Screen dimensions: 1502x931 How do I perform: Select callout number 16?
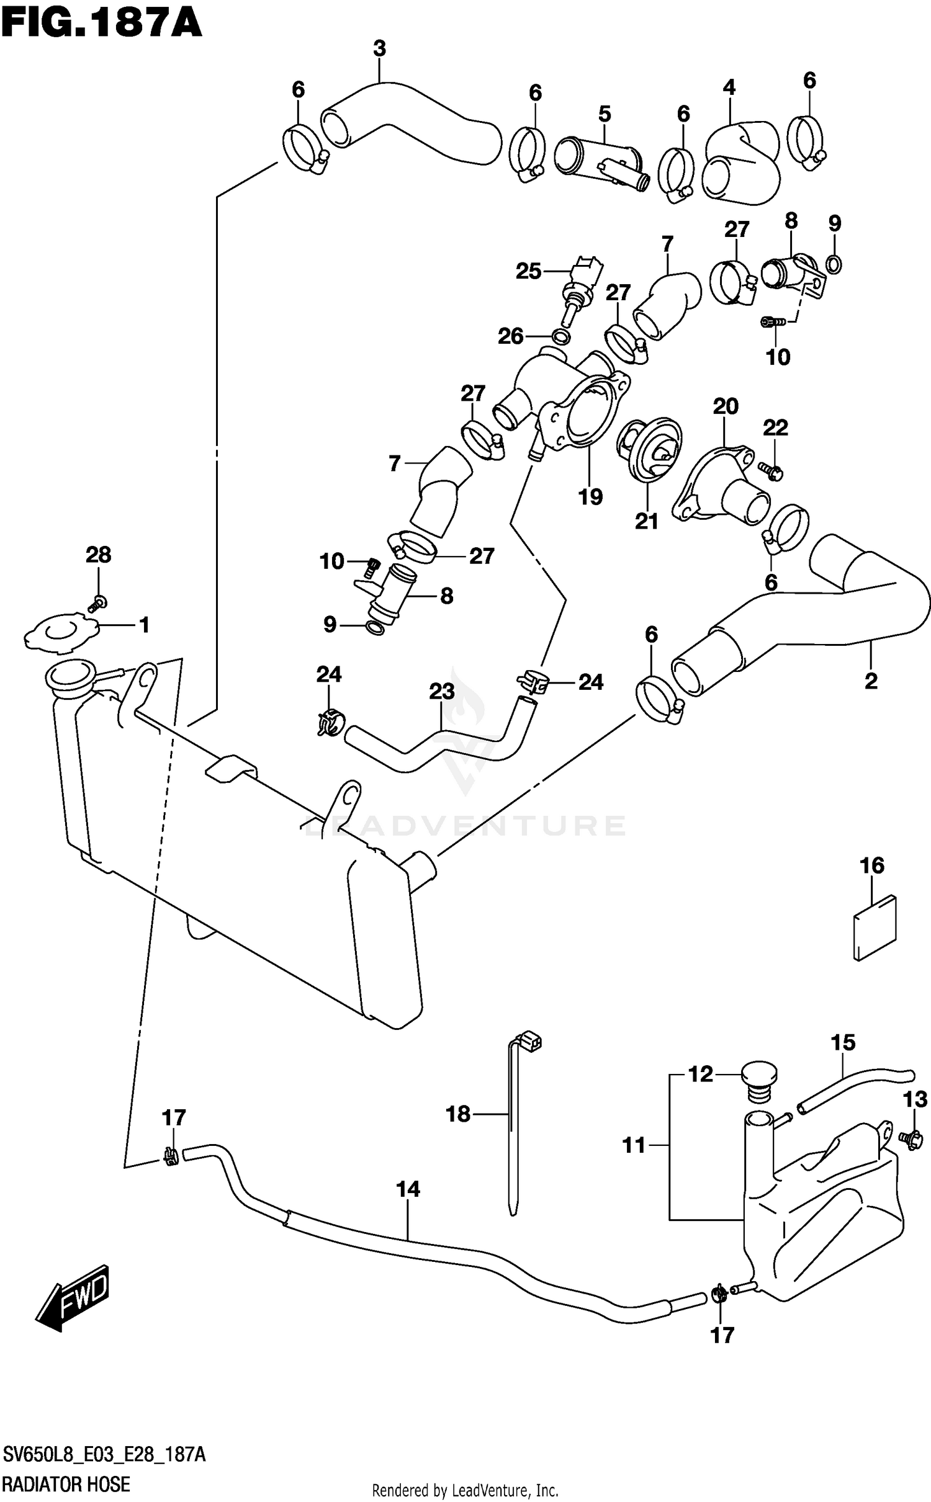(x=871, y=865)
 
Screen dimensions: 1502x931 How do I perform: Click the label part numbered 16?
(x=875, y=928)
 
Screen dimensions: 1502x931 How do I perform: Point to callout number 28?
(x=98, y=555)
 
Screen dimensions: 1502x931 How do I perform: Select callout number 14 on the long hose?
(x=408, y=1189)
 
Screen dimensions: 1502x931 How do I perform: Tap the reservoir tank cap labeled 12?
(x=758, y=1081)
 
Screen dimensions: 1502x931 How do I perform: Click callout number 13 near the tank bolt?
(x=915, y=1099)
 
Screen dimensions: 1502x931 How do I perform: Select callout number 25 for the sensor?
(x=529, y=271)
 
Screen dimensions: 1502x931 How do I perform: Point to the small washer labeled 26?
(x=561, y=337)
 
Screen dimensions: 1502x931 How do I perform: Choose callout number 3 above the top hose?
(x=379, y=48)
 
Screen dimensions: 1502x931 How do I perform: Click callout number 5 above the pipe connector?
(x=605, y=114)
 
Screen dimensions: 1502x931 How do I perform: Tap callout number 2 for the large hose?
(x=871, y=681)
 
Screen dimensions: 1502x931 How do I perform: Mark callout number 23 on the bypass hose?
(x=441, y=691)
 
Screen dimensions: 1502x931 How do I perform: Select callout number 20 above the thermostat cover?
(x=725, y=406)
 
